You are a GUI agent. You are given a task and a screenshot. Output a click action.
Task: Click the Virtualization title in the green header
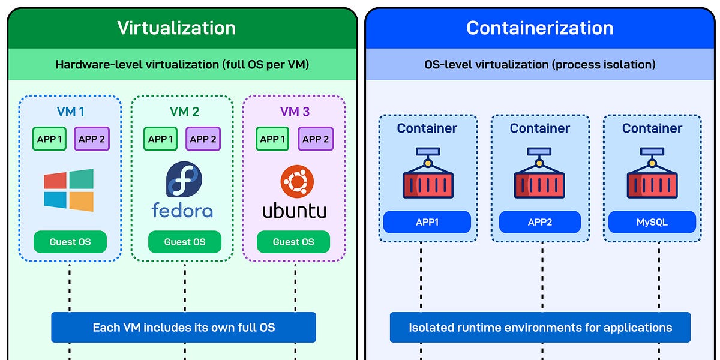[x=176, y=28]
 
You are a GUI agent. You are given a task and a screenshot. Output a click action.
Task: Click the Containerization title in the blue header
[x=539, y=28]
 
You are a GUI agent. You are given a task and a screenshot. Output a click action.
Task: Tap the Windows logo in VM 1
[x=68, y=190]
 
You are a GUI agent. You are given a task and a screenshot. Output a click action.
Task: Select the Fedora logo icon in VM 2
[x=184, y=179]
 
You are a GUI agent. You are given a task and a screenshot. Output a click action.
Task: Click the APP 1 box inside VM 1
[x=50, y=139]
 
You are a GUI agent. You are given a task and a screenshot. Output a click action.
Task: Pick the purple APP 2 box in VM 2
[x=203, y=139]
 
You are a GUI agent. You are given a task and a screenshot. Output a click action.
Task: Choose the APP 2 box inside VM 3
[x=316, y=139]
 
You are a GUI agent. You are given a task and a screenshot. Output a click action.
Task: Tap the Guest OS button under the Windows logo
[x=70, y=242]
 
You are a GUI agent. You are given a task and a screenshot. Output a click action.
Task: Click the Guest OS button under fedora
[x=185, y=242]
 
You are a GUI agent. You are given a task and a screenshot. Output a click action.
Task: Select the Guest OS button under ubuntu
[x=293, y=242]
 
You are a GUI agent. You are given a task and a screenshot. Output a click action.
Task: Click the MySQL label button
[x=652, y=222]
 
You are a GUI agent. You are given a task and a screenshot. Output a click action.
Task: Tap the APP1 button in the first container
[x=427, y=222]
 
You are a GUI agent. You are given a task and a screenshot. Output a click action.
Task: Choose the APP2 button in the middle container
[x=539, y=222]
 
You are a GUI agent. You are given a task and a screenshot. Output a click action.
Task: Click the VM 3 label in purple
[x=295, y=112]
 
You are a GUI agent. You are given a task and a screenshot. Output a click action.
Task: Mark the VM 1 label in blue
[x=70, y=112]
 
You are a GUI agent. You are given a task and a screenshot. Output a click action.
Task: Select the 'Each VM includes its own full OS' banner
[x=184, y=328]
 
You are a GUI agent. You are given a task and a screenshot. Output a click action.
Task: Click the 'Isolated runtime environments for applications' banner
[x=540, y=328]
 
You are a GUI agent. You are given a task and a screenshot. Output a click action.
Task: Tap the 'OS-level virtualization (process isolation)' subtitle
[x=539, y=64]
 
